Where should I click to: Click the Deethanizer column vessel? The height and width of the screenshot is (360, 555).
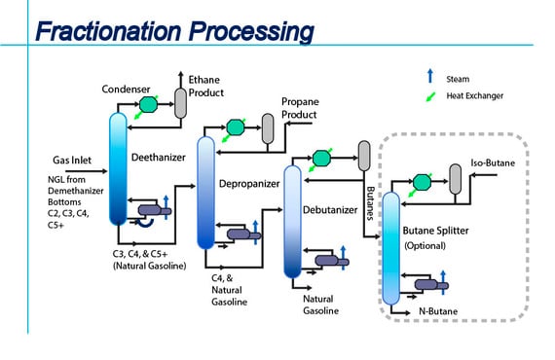pos(117,165)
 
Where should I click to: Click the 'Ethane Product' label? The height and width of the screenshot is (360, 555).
pos(206,88)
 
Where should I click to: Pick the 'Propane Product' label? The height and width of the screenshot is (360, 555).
pos(300,107)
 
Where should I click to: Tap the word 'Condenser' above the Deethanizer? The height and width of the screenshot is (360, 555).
pos(126,90)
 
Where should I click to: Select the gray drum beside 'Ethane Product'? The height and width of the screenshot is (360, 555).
pos(180,98)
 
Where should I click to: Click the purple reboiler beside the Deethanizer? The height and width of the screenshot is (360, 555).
pos(152,209)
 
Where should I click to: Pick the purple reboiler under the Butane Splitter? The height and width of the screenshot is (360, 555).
pos(425,285)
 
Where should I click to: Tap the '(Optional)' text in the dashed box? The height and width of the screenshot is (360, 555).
pos(425,246)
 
